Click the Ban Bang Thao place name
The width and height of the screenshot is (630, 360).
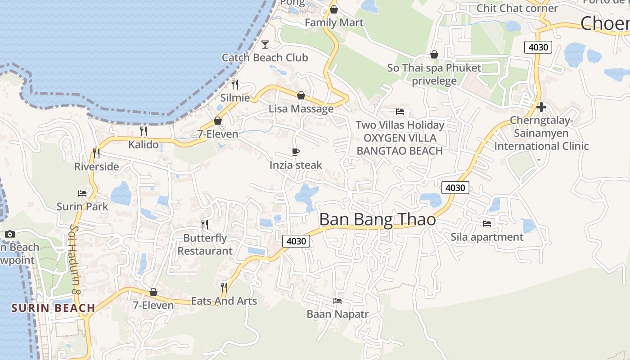(x=378, y=220)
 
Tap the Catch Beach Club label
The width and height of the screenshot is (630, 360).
(x=265, y=58)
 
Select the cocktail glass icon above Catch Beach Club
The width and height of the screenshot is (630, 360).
(x=265, y=44)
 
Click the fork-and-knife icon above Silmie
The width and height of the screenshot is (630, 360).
(x=234, y=84)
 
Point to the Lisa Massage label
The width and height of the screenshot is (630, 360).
(x=301, y=109)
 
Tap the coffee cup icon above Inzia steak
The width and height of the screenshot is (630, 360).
(x=295, y=152)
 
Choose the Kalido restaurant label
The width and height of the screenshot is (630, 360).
(x=144, y=144)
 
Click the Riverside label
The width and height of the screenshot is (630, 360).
(x=97, y=166)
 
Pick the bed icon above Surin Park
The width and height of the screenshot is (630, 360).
(x=82, y=193)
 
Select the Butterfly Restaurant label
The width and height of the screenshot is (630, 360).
(x=205, y=244)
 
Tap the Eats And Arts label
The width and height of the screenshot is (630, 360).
(x=224, y=301)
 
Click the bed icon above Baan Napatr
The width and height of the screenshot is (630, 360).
(x=337, y=301)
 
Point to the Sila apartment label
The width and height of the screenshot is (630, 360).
(x=487, y=237)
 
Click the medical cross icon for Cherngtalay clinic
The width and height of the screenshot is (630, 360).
(x=541, y=107)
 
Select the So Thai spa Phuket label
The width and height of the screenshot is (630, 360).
(x=434, y=68)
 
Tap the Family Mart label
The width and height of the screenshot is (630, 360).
(x=334, y=22)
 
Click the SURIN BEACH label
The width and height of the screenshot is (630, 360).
(x=53, y=308)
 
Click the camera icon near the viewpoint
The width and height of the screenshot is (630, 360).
(x=10, y=234)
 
